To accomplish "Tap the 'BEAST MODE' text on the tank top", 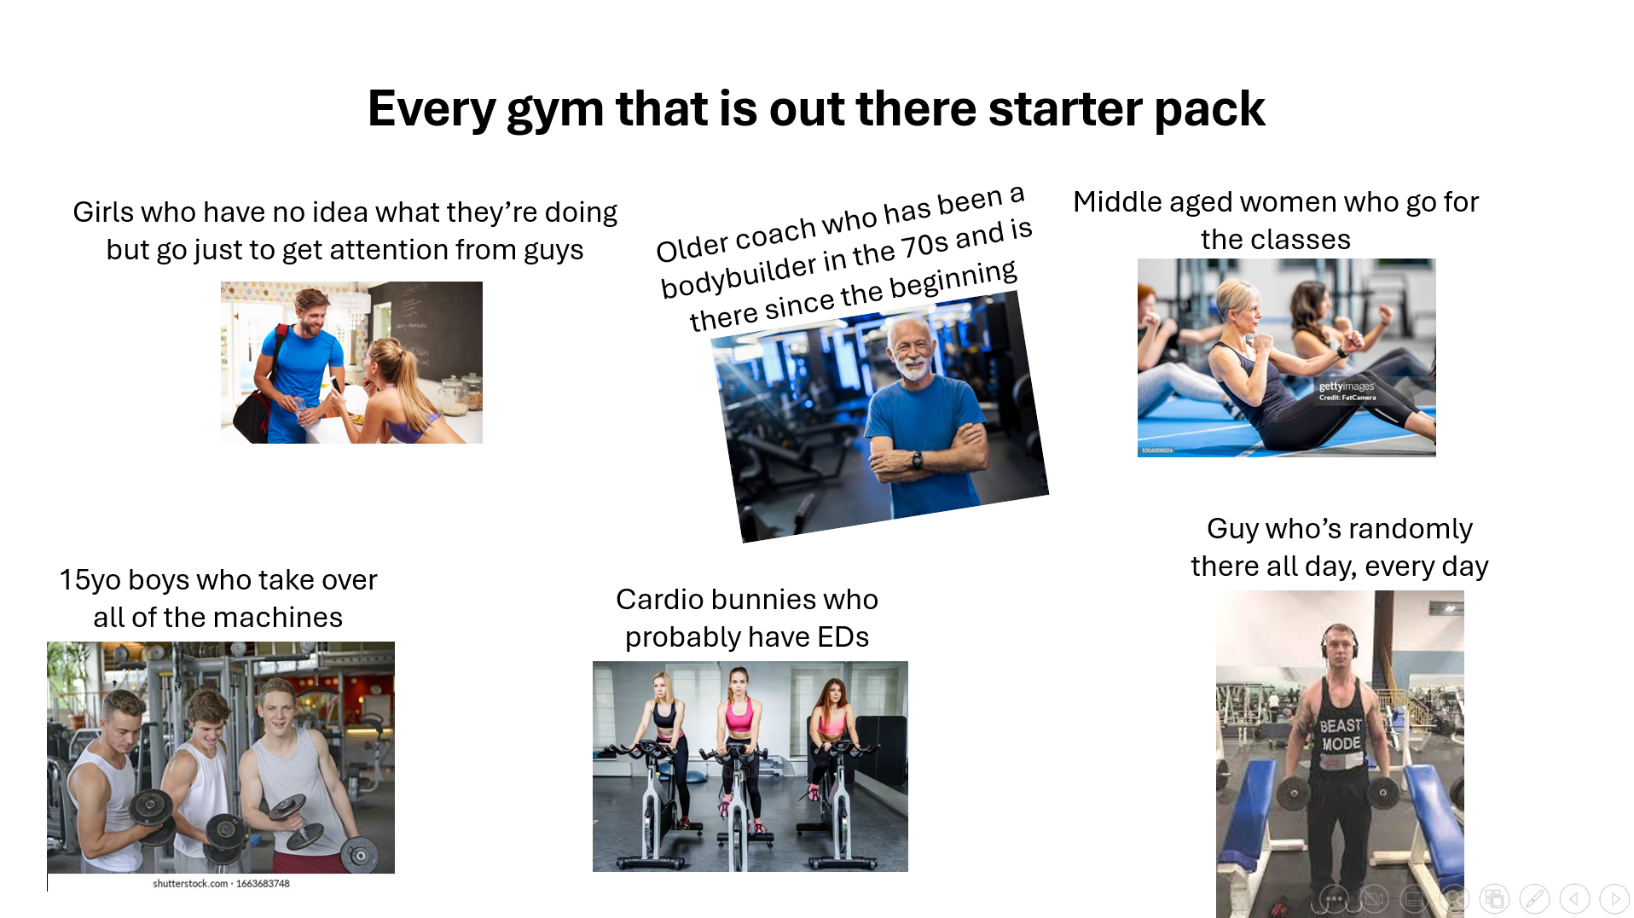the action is click(x=1341, y=735).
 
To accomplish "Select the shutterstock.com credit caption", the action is click(x=221, y=884).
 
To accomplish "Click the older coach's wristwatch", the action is click(x=918, y=461).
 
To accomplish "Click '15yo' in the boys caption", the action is click(x=90, y=580).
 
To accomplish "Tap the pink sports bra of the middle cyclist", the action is click(x=739, y=715).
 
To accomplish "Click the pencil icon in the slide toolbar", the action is click(x=1534, y=898).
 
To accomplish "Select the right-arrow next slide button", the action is click(x=1614, y=898).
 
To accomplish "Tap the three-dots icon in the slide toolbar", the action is click(x=1335, y=898).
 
